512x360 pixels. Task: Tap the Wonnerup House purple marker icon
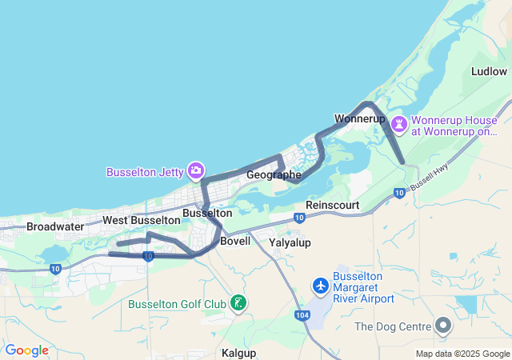pos(398,125)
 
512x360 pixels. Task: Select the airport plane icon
pos(321,286)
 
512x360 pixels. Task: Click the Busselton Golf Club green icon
pos(238,302)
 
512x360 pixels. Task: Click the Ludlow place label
pos(489,71)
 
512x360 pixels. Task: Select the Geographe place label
pos(274,174)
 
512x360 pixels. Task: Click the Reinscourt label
pos(333,206)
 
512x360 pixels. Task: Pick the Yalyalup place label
pos(290,242)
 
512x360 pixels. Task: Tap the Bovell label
pos(235,241)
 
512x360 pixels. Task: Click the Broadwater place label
pos(55,226)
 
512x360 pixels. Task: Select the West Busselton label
pos(141,220)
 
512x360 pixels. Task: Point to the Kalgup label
pos(239,352)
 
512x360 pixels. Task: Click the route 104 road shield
pos(302,316)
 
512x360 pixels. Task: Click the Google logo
pos(26,350)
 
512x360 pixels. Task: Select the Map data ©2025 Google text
pos(462,354)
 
